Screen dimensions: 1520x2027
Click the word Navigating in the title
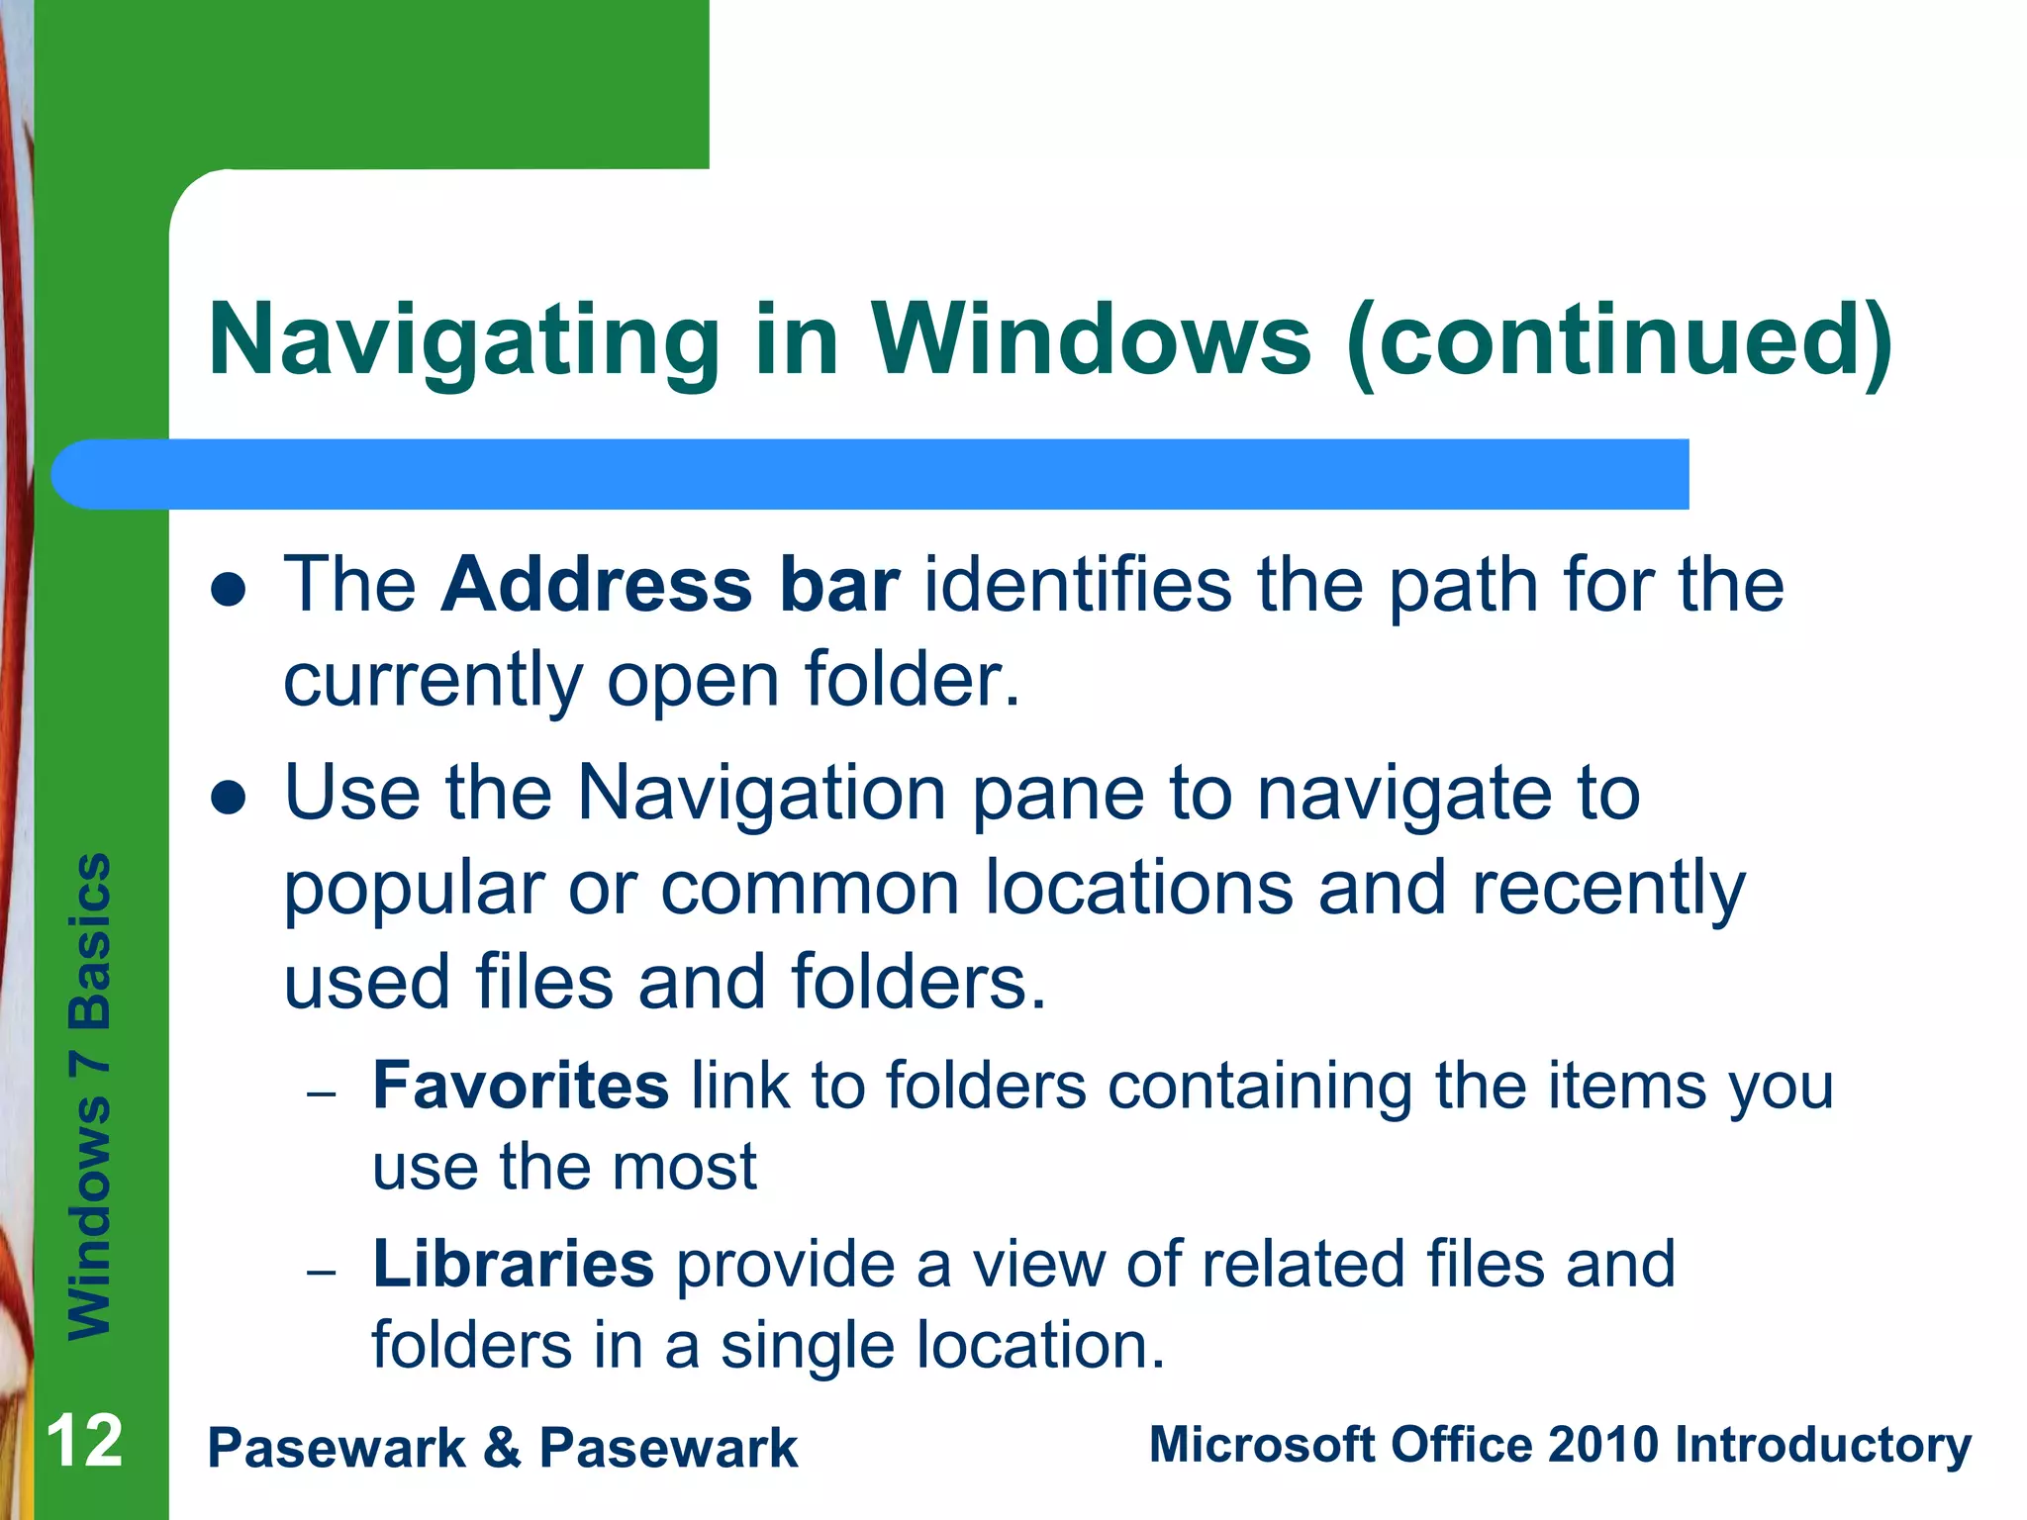[x=464, y=341]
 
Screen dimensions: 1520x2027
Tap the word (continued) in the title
[x=1619, y=341]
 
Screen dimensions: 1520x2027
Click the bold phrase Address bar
[x=670, y=585]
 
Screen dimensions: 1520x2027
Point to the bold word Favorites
[x=521, y=1086]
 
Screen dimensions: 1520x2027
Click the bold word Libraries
[x=513, y=1265]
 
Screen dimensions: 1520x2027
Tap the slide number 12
[x=85, y=1442]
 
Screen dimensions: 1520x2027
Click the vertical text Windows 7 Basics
[x=89, y=1095]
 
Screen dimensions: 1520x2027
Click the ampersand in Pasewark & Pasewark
[x=502, y=1448]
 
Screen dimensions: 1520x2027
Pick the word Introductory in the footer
[x=1823, y=1446]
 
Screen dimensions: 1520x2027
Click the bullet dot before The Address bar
[x=229, y=591]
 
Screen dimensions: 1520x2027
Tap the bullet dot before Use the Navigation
[x=229, y=798]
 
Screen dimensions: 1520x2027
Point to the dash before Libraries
[x=322, y=1273]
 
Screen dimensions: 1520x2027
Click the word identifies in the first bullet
[x=1078, y=585]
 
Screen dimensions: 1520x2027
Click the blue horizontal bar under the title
[x=871, y=474]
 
